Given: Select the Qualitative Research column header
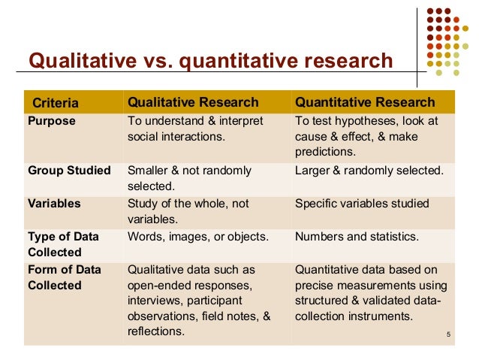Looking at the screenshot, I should click(193, 102).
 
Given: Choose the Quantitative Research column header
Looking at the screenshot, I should click(365, 102).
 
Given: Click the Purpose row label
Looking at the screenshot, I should click(52, 121).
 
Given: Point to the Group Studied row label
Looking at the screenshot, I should click(69, 171).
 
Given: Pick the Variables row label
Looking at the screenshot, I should click(55, 204).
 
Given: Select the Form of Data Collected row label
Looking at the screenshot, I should click(64, 277).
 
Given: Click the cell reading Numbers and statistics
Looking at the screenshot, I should click(357, 237).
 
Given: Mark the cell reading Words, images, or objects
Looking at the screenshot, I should click(198, 237).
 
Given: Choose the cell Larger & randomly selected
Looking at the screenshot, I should click(369, 171).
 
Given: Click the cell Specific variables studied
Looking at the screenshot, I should click(362, 204).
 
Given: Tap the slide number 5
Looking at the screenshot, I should click(447, 334).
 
